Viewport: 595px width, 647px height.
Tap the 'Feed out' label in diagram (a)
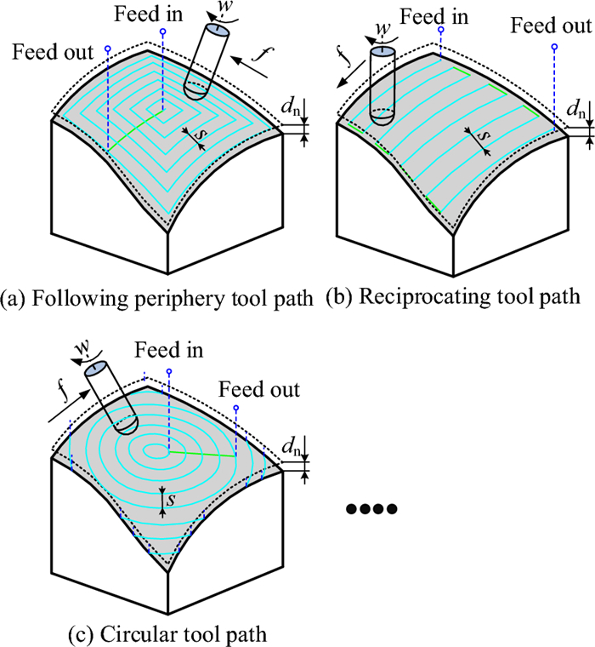pyautogui.click(x=54, y=52)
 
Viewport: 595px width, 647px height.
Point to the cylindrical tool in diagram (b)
pyautogui.click(x=382, y=86)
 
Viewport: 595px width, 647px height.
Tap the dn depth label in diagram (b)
pyautogui.click(x=578, y=109)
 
